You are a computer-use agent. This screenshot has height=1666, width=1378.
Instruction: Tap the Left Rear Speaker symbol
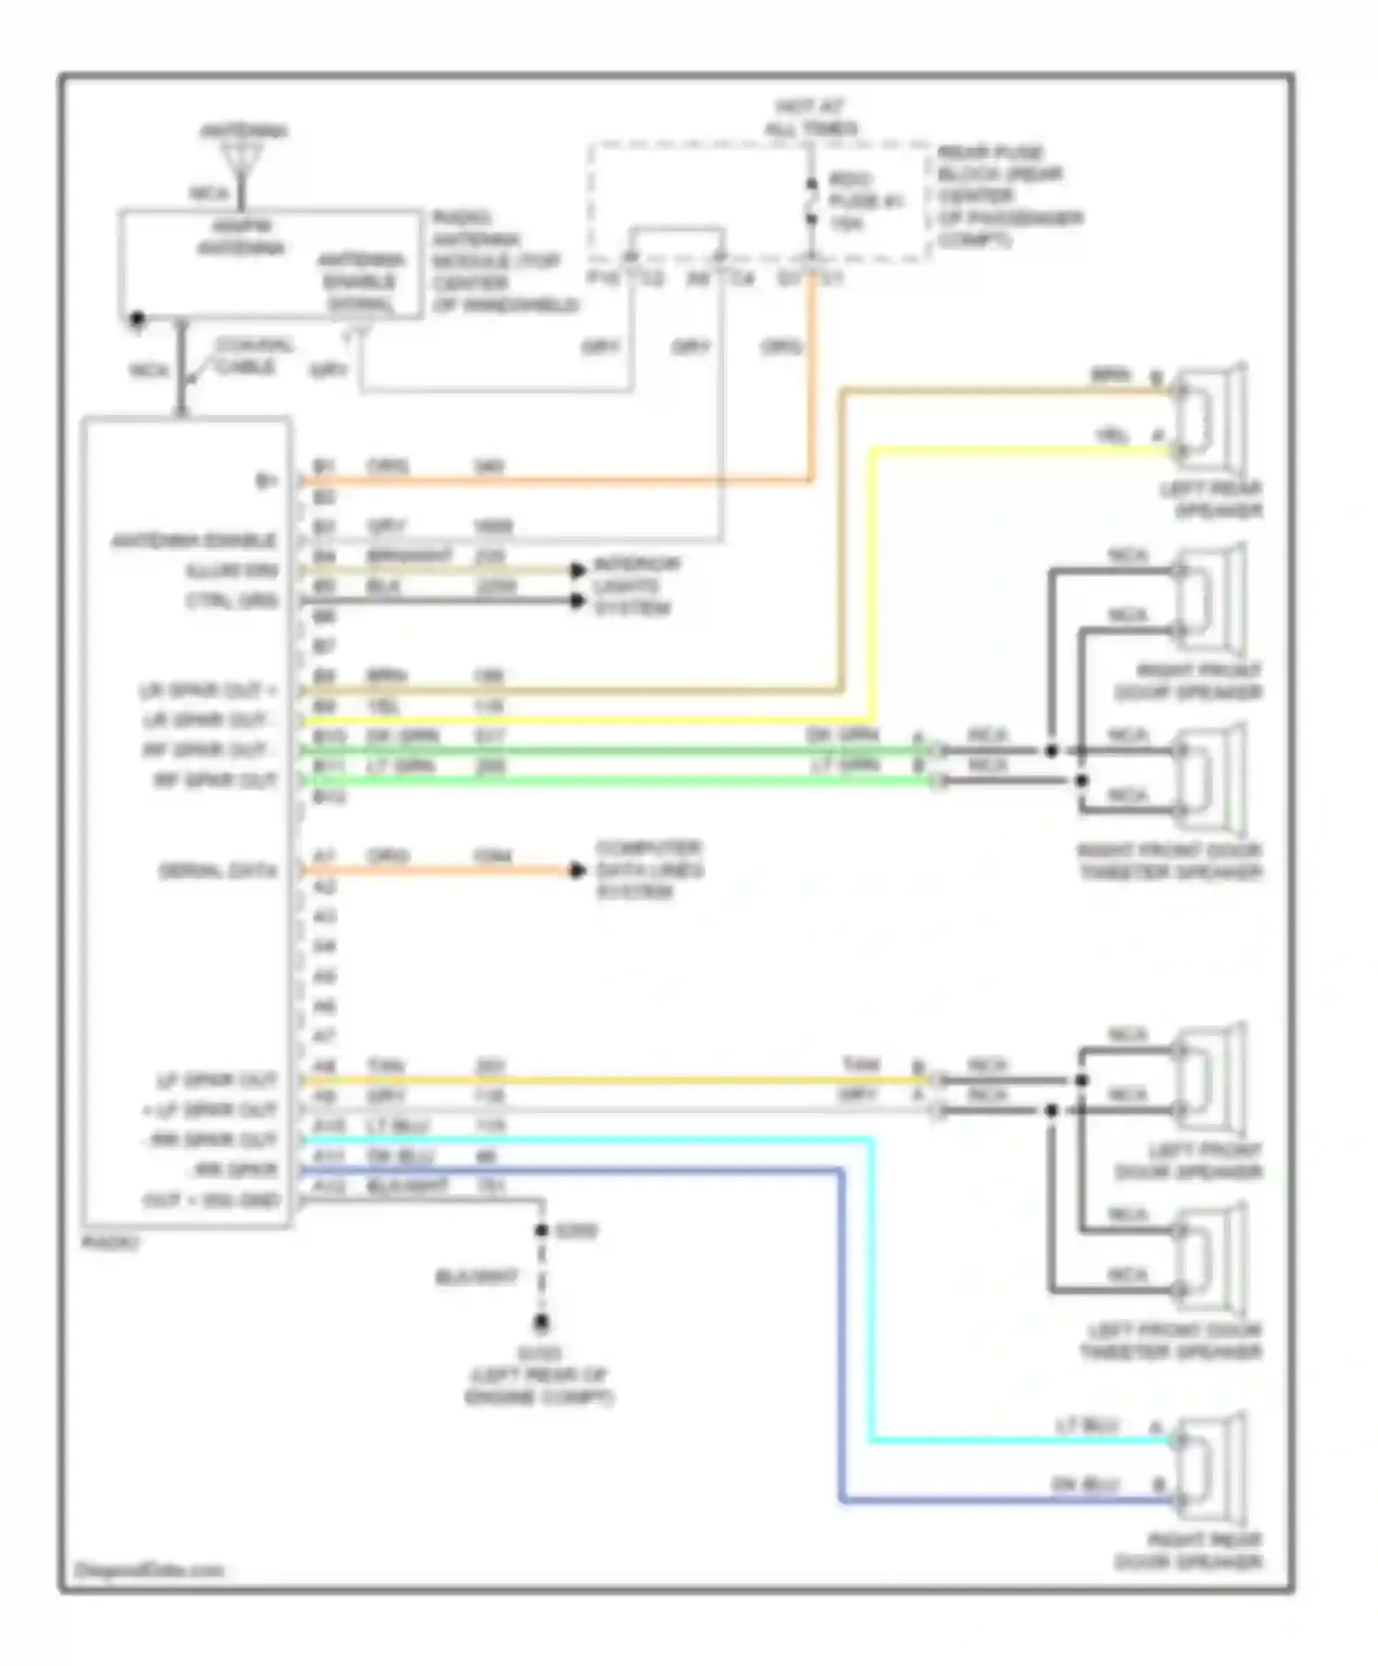point(1211,418)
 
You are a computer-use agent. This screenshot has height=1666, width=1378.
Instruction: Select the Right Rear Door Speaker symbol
point(1211,1469)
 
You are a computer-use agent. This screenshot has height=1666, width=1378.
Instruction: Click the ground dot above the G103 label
point(542,1323)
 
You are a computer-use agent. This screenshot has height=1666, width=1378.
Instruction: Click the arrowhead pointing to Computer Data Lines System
point(577,870)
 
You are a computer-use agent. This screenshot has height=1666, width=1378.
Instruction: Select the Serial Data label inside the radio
point(218,871)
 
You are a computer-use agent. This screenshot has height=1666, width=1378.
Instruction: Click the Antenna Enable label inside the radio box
point(194,541)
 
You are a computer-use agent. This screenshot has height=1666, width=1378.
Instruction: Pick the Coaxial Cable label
point(253,356)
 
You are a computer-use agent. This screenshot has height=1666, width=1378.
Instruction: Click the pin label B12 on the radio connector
point(328,797)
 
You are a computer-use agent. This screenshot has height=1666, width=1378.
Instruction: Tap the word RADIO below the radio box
point(110,1243)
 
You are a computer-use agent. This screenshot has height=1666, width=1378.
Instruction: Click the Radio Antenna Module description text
point(503,262)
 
